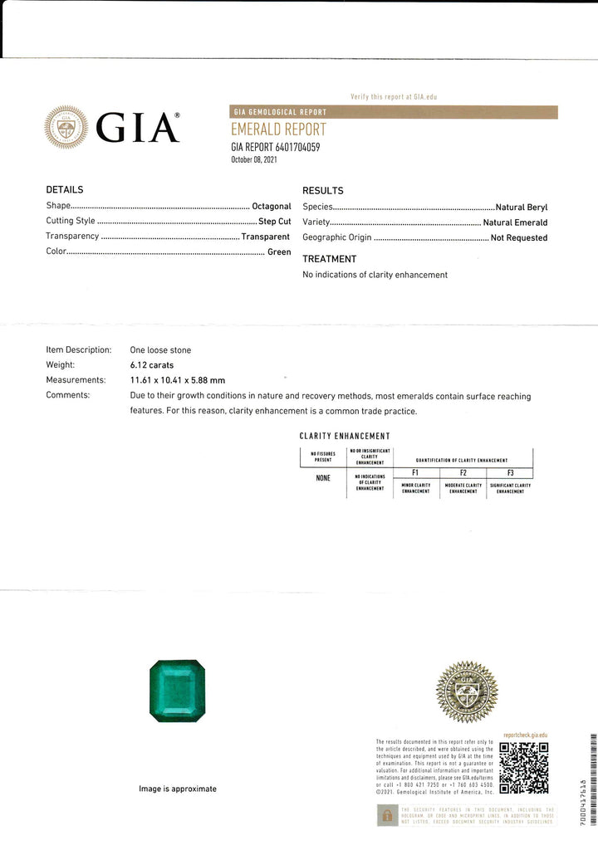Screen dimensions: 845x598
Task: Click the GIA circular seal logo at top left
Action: coord(66,127)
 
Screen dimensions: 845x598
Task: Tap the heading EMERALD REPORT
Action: coord(278,130)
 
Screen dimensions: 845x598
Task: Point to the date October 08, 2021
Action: coord(253,159)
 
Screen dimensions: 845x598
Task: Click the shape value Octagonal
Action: coord(272,206)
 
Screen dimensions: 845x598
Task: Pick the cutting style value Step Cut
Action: coord(274,222)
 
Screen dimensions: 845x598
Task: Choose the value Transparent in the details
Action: coord(266,237)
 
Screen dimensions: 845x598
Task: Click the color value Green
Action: coord(279,252)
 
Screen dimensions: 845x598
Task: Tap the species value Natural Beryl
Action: coord(522,207)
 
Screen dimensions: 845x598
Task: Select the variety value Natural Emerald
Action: coord(516,222)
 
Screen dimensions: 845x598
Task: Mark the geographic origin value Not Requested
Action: coord(519,237)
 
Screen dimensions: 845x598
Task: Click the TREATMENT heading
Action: coord(329,259)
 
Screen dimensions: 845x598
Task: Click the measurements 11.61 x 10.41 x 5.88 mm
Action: coord(178,380)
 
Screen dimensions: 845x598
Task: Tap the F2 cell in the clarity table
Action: coord(463,472)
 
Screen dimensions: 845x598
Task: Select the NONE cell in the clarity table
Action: coord(323,477)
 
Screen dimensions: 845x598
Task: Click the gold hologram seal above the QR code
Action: coord(467,691)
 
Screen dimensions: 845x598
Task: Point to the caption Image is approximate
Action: coord(178,789)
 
